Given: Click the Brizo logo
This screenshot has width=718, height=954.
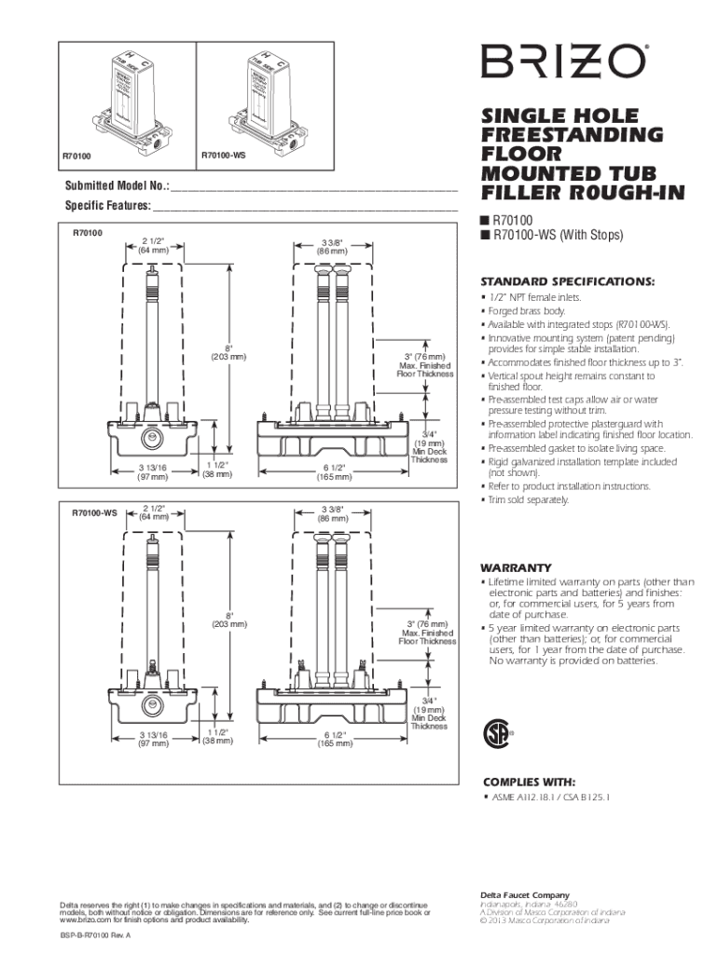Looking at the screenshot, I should (562, 62).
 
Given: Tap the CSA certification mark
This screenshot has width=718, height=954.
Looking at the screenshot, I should (496, 733).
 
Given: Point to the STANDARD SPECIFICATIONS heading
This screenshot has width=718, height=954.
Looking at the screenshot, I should (567, 281).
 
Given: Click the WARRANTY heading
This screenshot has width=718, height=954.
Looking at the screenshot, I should (516, 567).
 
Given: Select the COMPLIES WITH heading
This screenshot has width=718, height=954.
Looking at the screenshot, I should (528, 781).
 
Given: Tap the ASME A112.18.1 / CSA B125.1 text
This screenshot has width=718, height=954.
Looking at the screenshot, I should (549, 798).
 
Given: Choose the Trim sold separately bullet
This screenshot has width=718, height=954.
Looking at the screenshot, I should (528, 499).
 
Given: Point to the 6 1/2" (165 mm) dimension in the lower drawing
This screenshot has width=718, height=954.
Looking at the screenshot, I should (334, 739).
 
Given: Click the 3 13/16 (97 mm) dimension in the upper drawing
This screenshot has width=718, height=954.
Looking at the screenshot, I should (153, 471).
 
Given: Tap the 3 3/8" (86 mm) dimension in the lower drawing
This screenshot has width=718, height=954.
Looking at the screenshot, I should (333, 512).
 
